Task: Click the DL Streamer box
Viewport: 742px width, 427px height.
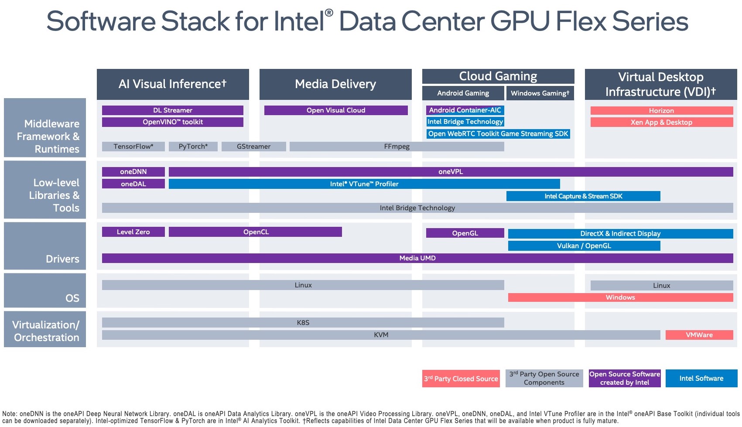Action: (173, 110)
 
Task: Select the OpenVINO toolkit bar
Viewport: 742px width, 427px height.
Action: (173, 122)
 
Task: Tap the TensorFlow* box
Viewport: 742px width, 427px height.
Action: (133, 147)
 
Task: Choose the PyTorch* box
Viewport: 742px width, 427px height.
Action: (193, 147)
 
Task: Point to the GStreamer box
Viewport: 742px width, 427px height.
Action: (253, 147)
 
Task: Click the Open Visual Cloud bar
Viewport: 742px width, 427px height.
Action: (336, 110)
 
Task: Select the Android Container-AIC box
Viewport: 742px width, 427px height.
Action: (465, 110)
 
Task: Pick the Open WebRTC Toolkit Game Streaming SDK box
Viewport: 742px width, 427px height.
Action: (498, 134)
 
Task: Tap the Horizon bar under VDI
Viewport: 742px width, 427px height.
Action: (661, 111)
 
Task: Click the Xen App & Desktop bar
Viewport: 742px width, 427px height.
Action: (661, 123)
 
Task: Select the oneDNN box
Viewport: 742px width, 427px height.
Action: (133, 172)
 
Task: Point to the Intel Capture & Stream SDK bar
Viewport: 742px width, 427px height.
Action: (583, 196)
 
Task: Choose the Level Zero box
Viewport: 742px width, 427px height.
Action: (133, 232)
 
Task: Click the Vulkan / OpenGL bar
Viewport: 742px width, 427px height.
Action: (584, 246)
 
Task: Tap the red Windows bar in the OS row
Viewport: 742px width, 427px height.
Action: (620, 297)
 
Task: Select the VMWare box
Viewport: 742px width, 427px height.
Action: (699, 335)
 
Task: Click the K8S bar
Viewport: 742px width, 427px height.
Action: (303, 323)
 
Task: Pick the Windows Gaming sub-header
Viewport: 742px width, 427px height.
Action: (540, 93)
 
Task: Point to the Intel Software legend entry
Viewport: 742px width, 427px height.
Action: (701, 379)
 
